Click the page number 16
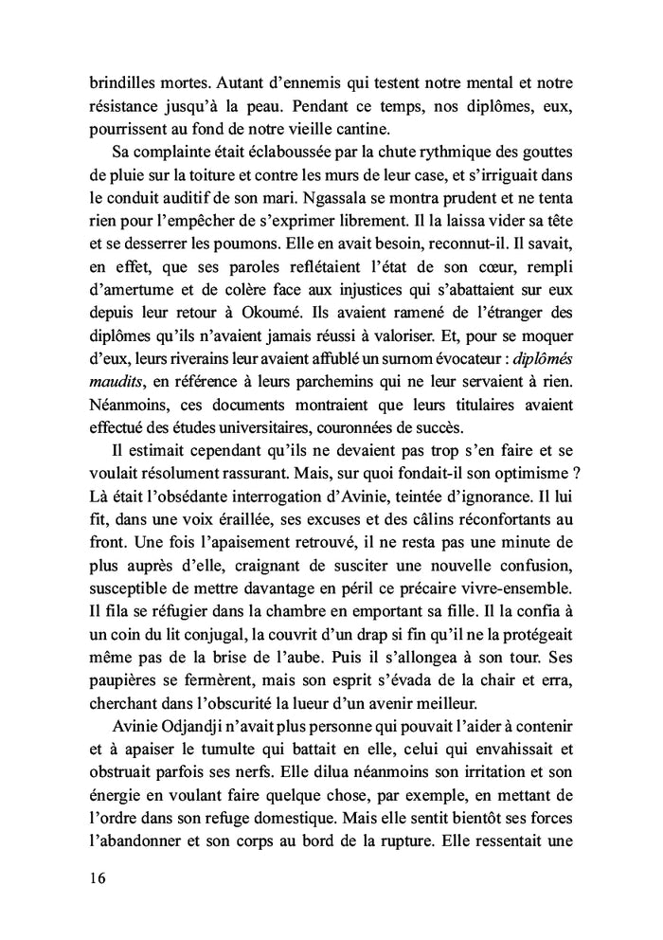(92, 877)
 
